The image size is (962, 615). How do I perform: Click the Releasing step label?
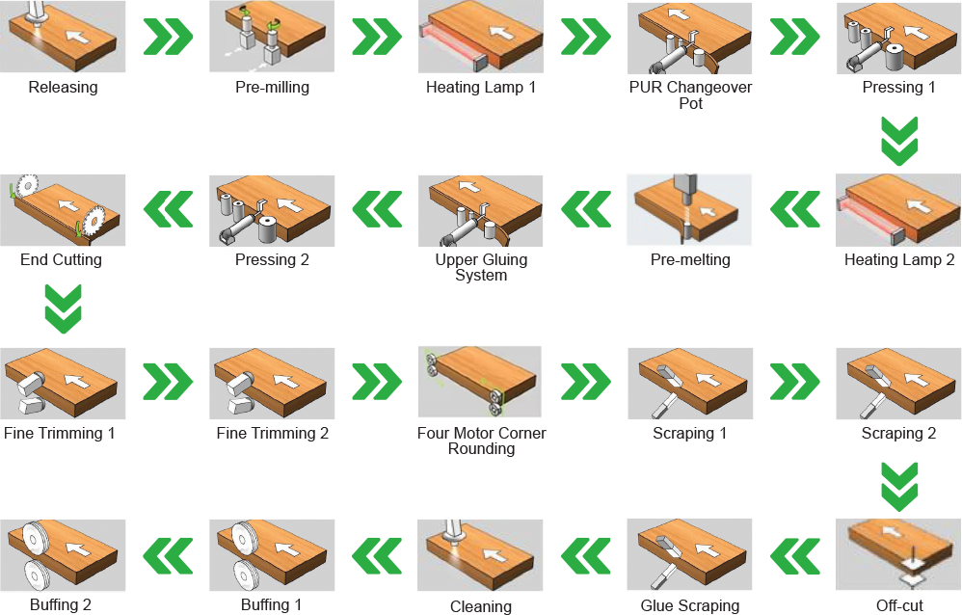(64, 87)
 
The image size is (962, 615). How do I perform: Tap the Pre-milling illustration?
(272, 37)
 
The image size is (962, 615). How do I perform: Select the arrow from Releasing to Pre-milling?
(168, 37)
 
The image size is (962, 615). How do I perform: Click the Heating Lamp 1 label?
(481, 87)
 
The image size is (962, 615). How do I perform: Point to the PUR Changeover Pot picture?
(689, 38)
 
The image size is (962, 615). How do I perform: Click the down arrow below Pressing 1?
(899, 141)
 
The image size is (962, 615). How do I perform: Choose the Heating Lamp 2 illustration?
(898, 210)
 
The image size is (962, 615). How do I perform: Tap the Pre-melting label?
(690, 259)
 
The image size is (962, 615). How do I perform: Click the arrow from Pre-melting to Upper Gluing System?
(586, 209)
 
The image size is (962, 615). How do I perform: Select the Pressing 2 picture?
(272, 210)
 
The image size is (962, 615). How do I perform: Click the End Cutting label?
(61, 259)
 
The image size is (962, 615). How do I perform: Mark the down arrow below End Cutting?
(64, 308)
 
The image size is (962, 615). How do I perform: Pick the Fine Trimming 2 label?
(273, 434)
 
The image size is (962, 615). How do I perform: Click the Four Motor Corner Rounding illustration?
(480, 382)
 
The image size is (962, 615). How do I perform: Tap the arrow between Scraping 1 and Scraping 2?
(795, 382)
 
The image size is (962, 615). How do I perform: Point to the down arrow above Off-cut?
(899, 487)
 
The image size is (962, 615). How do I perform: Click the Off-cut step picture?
(898, 555)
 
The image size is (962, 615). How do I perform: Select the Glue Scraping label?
(690, 605)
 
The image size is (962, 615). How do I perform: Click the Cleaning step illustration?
(480, 555)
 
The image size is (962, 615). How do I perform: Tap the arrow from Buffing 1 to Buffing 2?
(168, 556)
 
